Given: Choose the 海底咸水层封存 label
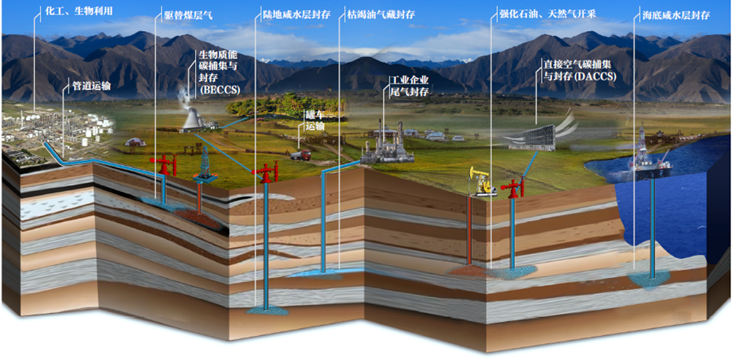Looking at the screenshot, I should (675, 14).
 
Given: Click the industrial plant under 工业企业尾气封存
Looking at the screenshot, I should (385, 148).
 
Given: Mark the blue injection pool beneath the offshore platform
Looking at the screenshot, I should (651, 280).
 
